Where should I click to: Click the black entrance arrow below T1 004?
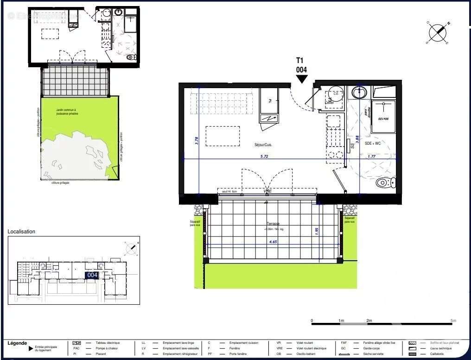coord(302,79)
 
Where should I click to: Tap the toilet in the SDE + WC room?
coord(384,182)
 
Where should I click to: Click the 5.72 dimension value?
coord(265,157)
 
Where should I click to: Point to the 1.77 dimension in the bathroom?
coord(371,157)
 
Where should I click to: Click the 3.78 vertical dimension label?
coord(197,141)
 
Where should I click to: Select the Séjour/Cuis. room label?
coord(263,145)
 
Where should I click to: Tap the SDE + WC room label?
coord(372,144)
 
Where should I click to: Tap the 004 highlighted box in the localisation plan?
coord(92,275)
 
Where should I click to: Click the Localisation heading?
coord(21,231)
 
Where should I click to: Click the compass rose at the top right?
coord(437,32)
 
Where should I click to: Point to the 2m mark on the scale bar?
coord(369,321)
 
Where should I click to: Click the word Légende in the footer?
coord(17,343)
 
